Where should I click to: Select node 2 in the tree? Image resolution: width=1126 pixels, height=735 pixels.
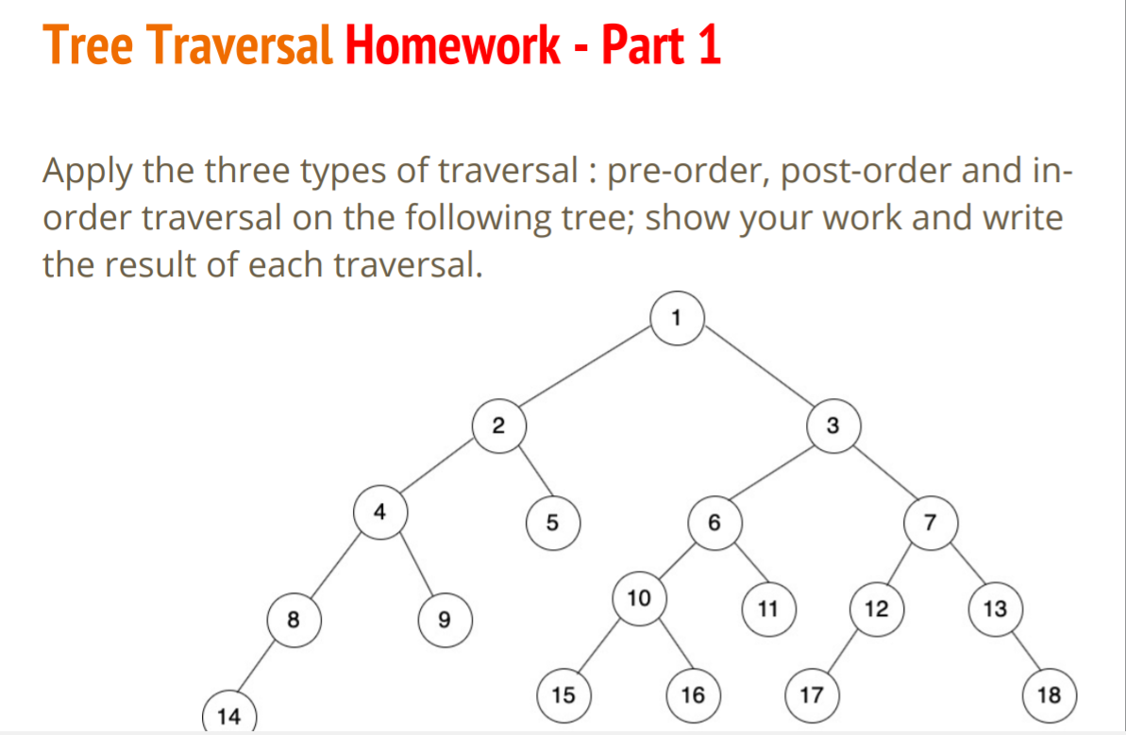(499, 426)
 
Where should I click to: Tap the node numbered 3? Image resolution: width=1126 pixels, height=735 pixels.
(832, 426)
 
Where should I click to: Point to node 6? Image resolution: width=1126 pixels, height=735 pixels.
(714, 521)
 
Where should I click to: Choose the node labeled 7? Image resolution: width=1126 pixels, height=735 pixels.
(931, 521)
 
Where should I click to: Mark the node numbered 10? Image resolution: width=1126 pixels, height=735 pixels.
(639, 597)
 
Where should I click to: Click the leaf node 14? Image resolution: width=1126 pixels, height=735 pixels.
(227, 716)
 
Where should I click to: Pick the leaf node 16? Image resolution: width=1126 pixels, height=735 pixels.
(693, 696)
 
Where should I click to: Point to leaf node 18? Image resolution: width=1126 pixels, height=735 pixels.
(1049, 696)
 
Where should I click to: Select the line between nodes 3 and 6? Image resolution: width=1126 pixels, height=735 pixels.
(773, 474)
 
